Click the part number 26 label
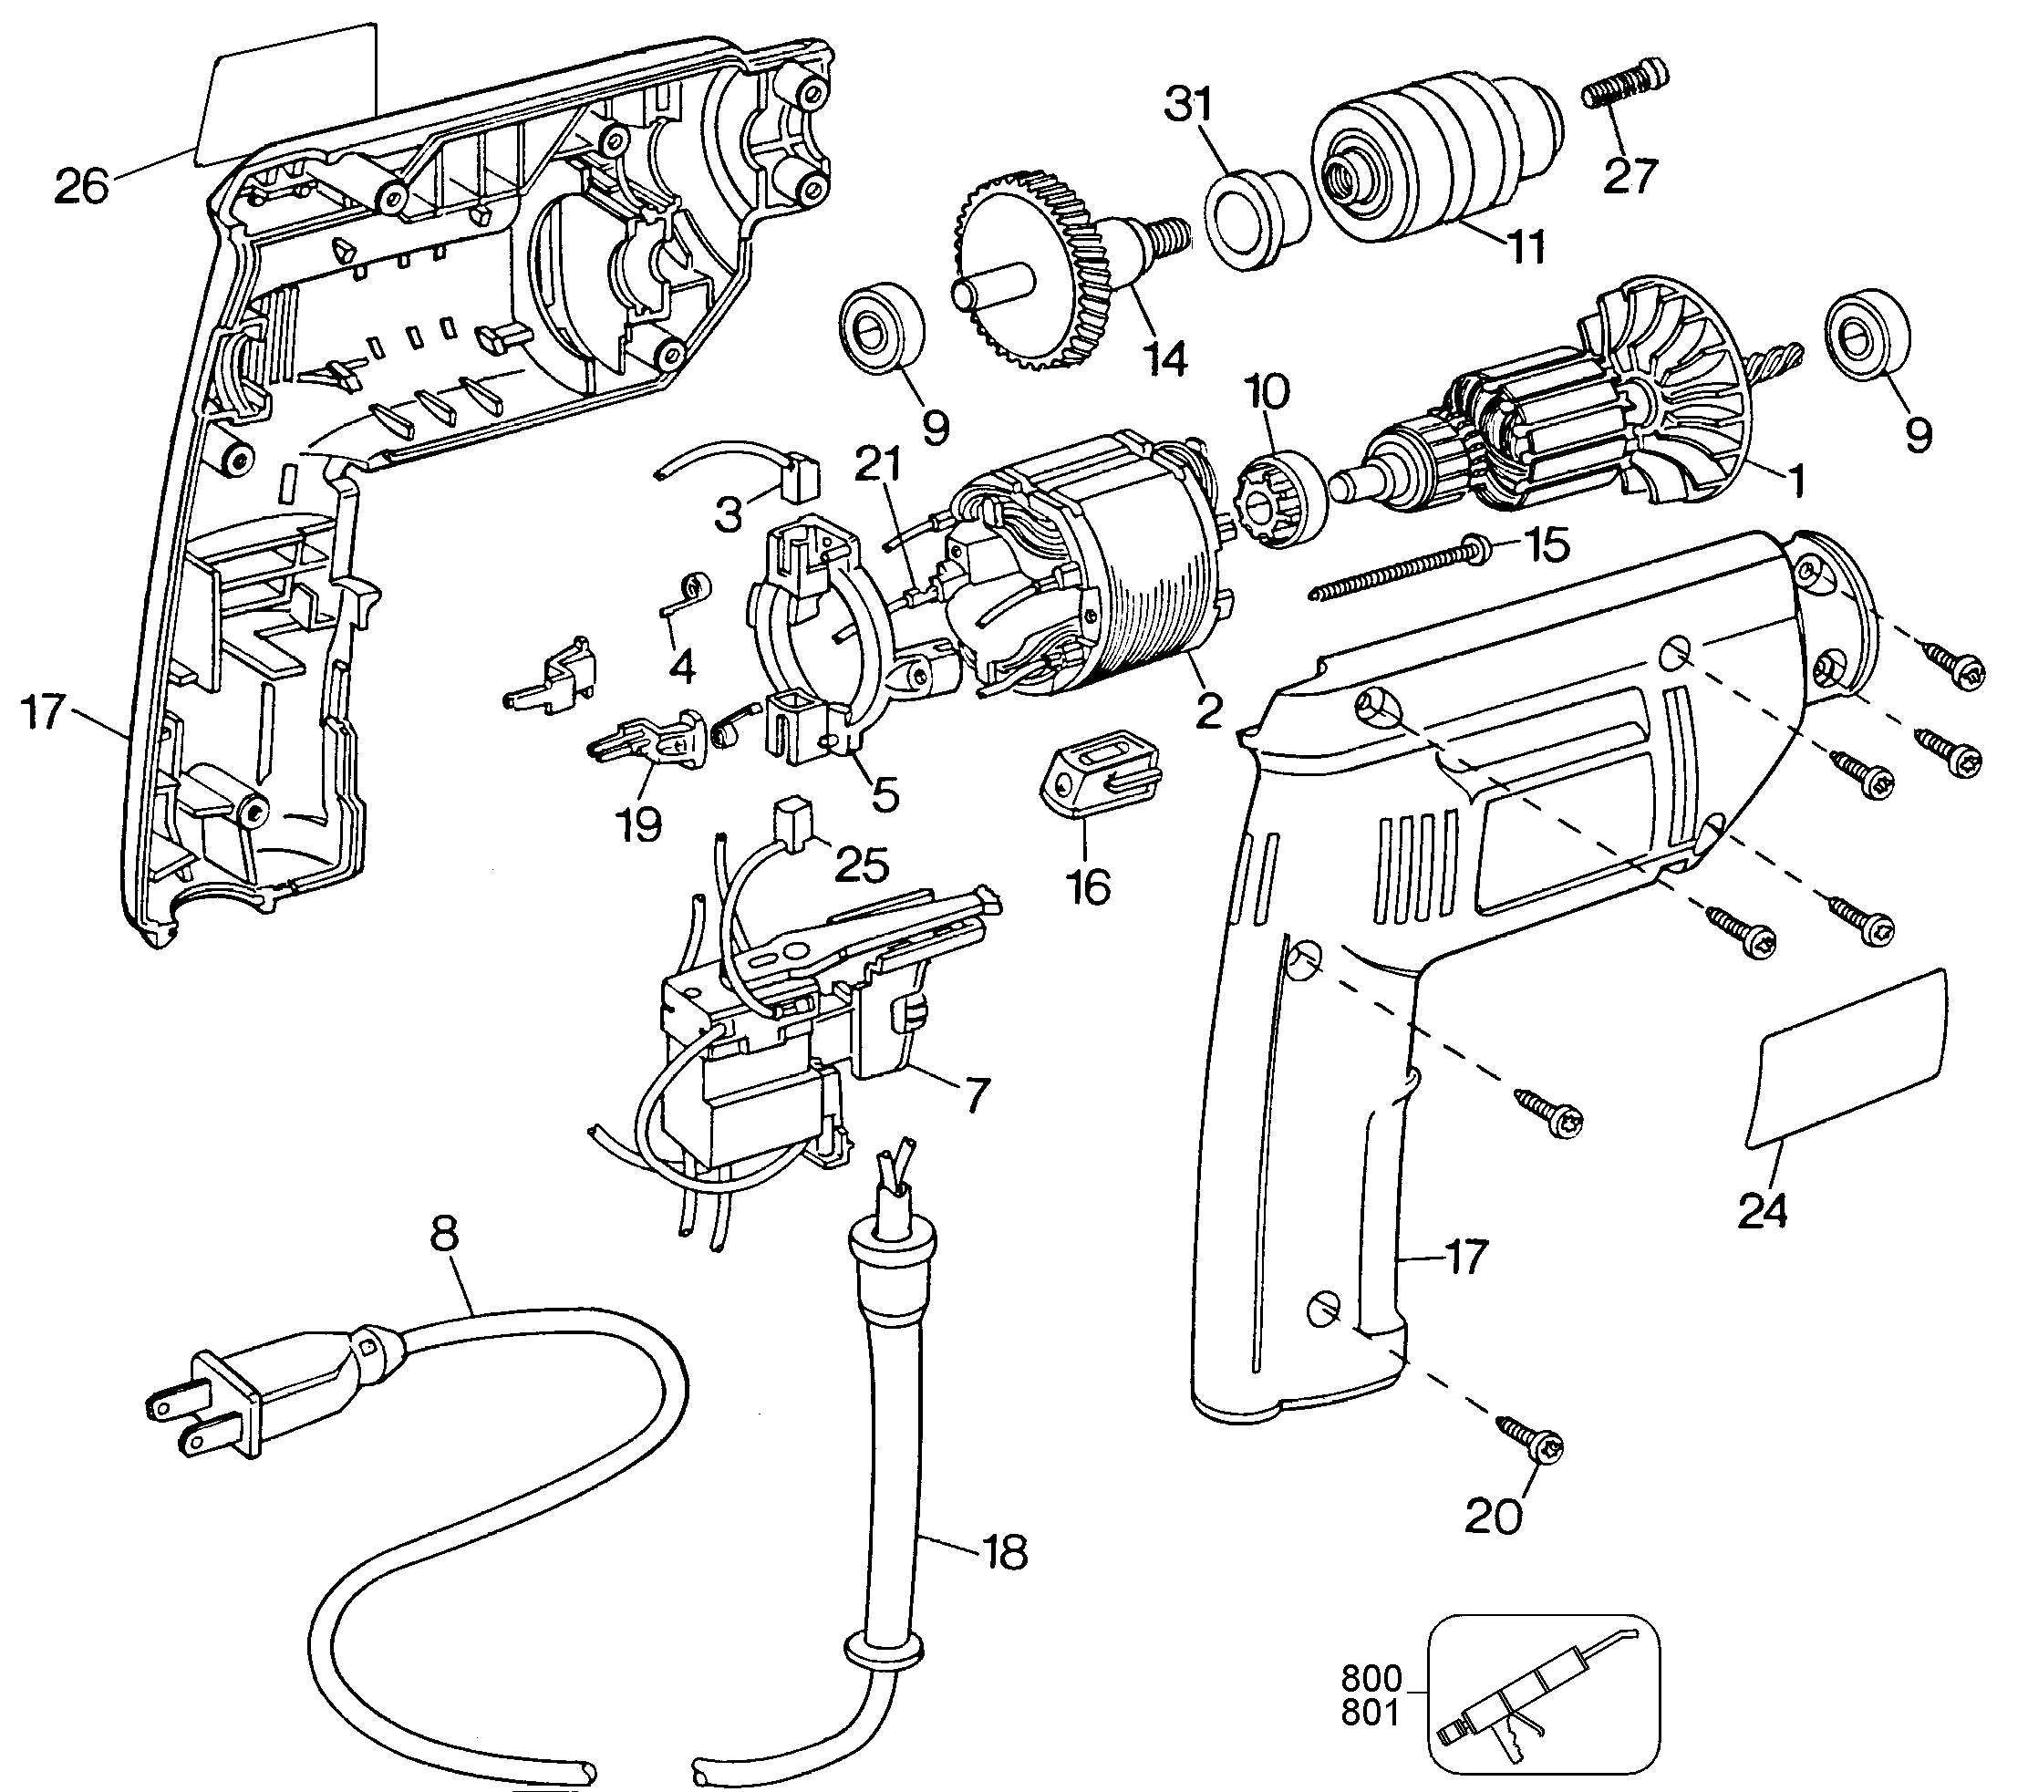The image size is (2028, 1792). click(x=81, y=185)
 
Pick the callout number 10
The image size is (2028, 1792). click(x=1267, y=393)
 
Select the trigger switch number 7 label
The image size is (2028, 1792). click(x=977, y=1095)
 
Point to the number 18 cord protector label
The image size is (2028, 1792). click(x=1006, y=1553)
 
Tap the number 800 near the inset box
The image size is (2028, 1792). click(x=1371, y=1679)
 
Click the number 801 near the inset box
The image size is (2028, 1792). click(x=1371, y=1714)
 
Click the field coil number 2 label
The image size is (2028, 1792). click(x=1208, y=711)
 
